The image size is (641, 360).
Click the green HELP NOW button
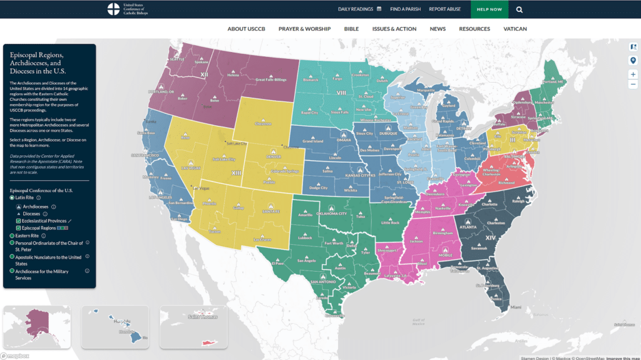[x=490, y=9]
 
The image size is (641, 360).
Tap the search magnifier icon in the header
[x=520, y=9]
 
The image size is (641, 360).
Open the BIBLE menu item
[x=351, y=29]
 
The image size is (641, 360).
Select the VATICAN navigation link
[x=515, y=29]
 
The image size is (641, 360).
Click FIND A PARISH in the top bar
[x=405, y=9]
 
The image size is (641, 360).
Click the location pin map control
[x=633, y=60]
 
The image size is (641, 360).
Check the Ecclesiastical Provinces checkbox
[x=18, y=221]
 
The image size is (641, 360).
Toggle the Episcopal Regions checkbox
[x=18, y=229]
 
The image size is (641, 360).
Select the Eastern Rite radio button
[x=12, y=236]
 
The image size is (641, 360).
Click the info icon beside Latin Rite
[x=38, y=198]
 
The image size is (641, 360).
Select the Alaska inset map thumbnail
[x=36, y=326]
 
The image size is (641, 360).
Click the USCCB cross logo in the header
[x=113, y=9]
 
